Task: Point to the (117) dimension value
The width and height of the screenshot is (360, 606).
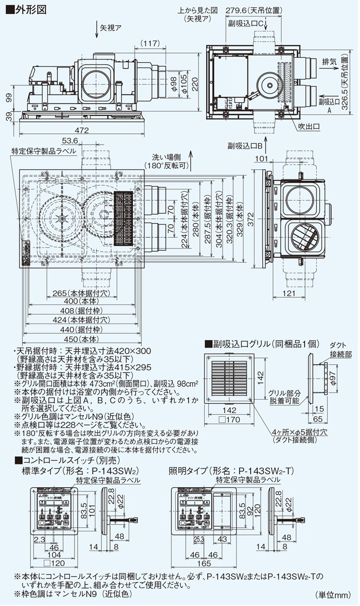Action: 150,43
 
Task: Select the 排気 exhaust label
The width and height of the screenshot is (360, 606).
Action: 329,61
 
